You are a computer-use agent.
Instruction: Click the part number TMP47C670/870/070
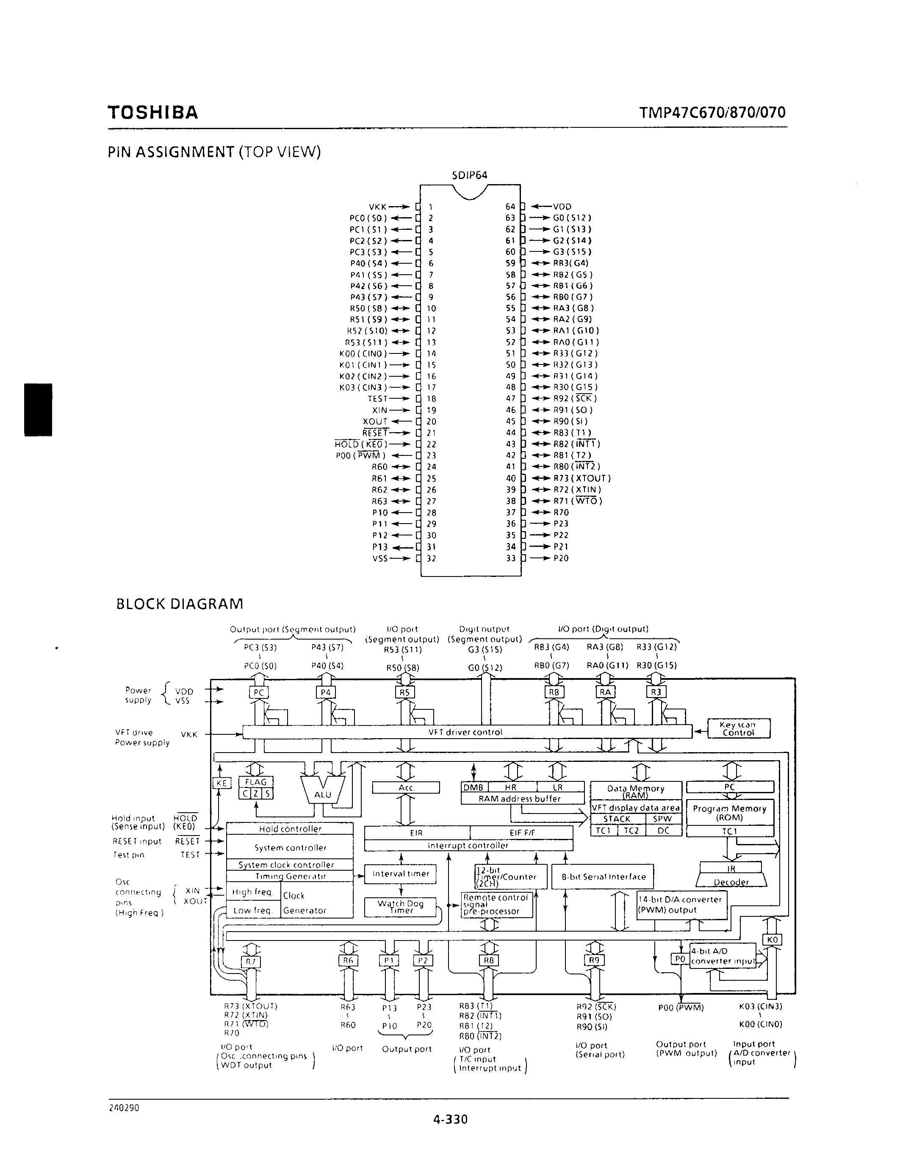[712, 113]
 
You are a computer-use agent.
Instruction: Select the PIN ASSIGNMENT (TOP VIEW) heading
[214, 152]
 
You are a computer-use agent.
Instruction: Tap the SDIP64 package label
[469, 175]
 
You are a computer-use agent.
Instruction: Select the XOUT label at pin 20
[375, 422]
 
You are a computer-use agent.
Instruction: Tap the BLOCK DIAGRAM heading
[180, 604]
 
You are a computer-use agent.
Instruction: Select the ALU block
[323, 794]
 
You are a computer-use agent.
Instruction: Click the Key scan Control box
[739, 728]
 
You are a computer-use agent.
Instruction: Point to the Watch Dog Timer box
[400, 907]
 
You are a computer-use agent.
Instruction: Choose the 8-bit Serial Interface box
[603, 877]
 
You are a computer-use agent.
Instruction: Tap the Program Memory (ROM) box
[729, 813]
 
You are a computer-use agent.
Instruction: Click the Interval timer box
[400, 874]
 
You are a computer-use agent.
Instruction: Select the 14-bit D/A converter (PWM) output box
[682, 905]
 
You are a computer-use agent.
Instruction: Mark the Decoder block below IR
[731, 882]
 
